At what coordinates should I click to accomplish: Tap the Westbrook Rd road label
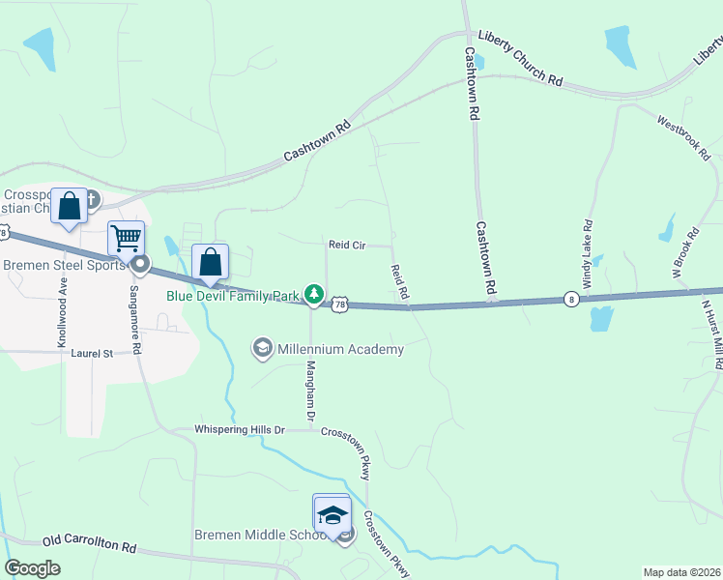[x=683, y=138]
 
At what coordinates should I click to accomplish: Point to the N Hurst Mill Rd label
[x=711, y=333]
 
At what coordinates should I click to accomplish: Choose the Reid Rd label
[x=400, y=281]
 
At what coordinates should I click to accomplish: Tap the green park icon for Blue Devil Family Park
[x=313, y=292]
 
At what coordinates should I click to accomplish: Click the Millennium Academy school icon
[x=262, y=347]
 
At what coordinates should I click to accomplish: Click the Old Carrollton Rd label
[x=89, y=544]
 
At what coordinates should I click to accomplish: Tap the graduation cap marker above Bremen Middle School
[x=332, y=513]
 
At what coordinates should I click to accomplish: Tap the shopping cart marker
[x=127, y=238]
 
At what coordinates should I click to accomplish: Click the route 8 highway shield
[x=572, y=299]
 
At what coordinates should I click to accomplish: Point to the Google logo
[x=33, y=568]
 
